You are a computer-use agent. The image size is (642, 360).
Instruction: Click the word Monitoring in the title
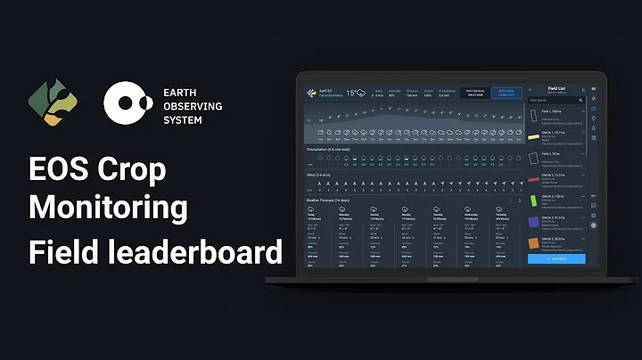tap(108, 208)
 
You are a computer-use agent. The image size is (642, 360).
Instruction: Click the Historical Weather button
tap(473, 93)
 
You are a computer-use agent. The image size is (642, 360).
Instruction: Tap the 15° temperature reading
tap(351, 92)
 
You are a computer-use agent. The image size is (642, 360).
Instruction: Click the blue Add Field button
tap(556, 258)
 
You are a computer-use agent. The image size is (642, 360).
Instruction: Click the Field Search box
tap(553, 101)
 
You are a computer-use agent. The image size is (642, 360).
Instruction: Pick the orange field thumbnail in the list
tap(534, 242)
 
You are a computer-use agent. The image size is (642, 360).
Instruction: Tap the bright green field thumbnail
tap(534, 200)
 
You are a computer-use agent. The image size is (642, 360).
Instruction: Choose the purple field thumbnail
tap(534, 221)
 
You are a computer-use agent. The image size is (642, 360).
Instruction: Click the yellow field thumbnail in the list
tap(534, 135)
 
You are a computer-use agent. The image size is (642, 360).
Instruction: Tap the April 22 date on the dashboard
tap(325, 90)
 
